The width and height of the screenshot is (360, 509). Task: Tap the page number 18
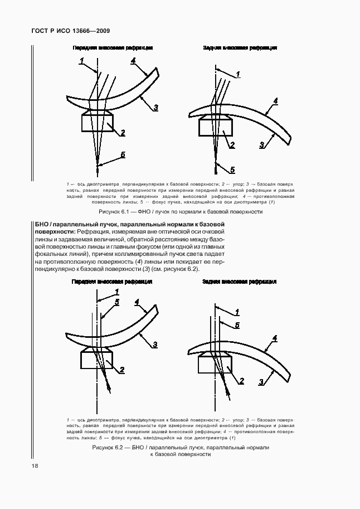(26, 466)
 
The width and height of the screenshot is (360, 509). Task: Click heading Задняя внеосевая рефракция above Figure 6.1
(240, 48)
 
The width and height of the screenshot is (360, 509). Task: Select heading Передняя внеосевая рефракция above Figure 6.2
(111, 282)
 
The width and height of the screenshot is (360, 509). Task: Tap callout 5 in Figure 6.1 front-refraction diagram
(123, 155)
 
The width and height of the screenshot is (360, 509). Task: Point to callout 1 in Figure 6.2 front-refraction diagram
(117, 292)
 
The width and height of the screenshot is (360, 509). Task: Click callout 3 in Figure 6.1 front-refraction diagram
(156, 108)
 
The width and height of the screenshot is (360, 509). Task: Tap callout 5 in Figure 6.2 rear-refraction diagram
(237, 324)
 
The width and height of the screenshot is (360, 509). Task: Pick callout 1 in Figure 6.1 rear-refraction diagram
(237, 74)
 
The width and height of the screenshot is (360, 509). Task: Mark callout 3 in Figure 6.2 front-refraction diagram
(155, 344)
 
